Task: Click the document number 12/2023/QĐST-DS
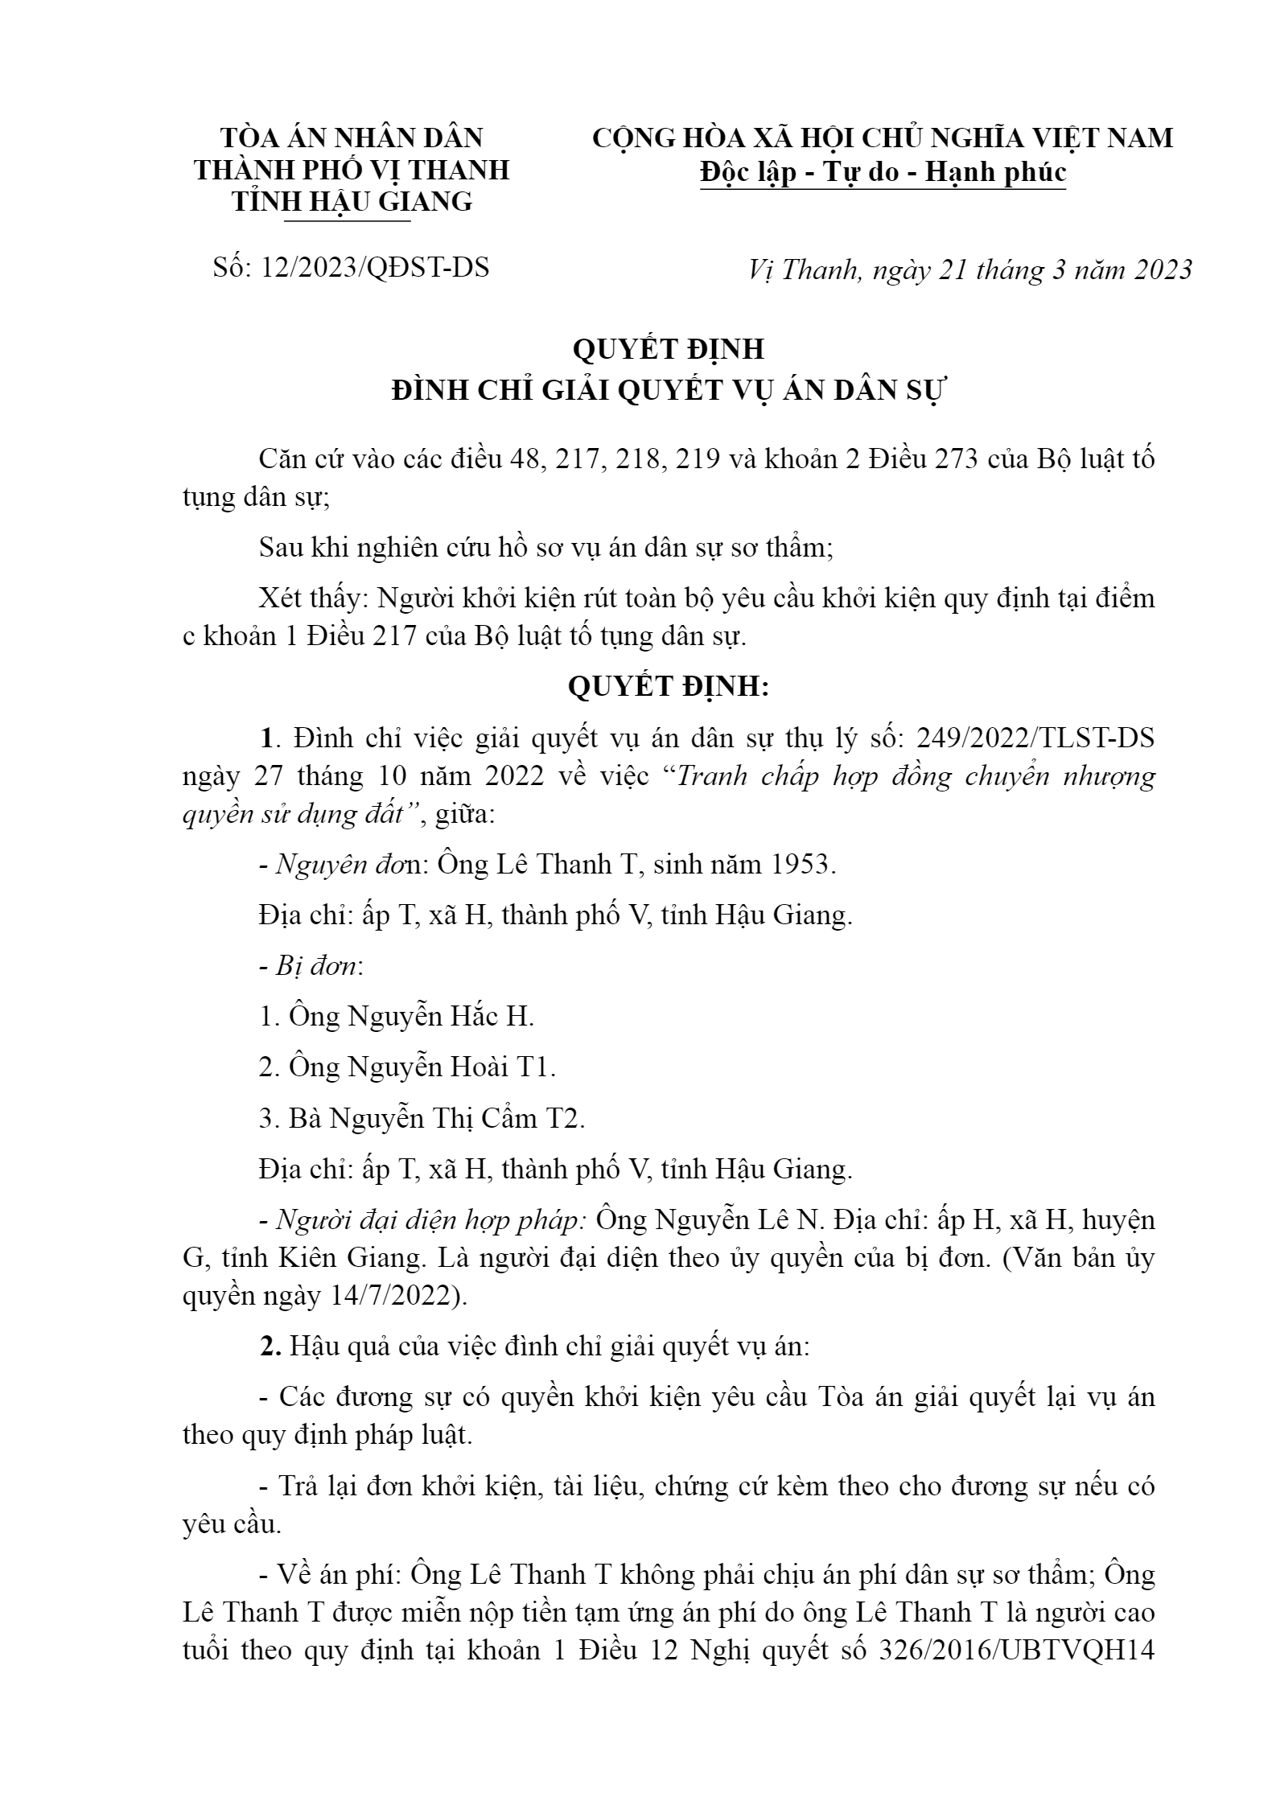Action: tap(375, 267)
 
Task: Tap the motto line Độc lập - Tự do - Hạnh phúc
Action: tap(883, 172)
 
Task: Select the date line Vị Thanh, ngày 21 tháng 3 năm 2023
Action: tap(969, 269)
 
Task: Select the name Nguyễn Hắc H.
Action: tap(441, 1017)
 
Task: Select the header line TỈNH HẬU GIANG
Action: tap(352, 201)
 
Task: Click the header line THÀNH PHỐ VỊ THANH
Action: tap(352, 170)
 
